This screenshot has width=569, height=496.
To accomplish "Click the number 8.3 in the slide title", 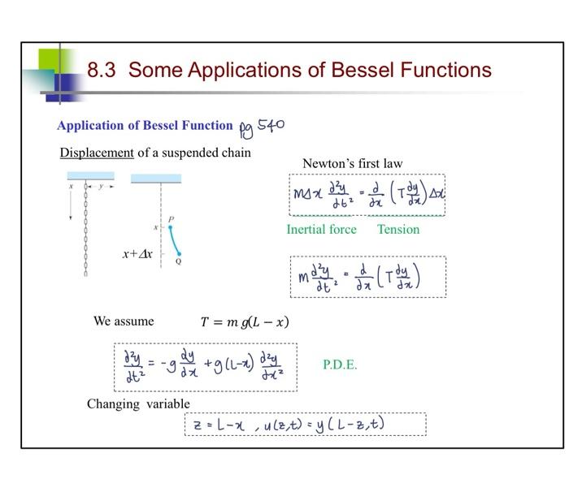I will click(102, 70).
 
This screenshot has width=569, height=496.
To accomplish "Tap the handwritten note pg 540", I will click(262, 127).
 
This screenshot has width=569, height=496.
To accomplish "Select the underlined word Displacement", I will click(97, 153).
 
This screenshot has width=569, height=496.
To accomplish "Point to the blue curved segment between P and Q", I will click(174, 240).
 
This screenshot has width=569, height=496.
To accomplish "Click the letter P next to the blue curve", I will click(171, 219).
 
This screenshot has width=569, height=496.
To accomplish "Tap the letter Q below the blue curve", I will click(178, 261).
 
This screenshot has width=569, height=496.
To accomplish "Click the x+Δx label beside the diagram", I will click(137, 254).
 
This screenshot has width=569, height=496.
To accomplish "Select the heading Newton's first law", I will click(352, 163).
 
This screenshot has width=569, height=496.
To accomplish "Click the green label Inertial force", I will click(321, 230).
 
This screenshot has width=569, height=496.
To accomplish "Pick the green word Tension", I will click(398, 230).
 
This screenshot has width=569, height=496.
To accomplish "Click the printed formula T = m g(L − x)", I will click(244, 321).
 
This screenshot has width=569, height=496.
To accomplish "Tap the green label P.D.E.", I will click(340, 364).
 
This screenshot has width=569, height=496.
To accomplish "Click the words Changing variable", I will click(138, 403).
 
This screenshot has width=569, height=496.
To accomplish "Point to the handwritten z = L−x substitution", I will click(218, 424).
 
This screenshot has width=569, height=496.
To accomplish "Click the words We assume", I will click(124, 321).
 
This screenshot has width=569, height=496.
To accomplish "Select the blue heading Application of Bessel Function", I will click(145, 125).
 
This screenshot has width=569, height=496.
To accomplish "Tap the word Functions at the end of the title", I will click(445, 70).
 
